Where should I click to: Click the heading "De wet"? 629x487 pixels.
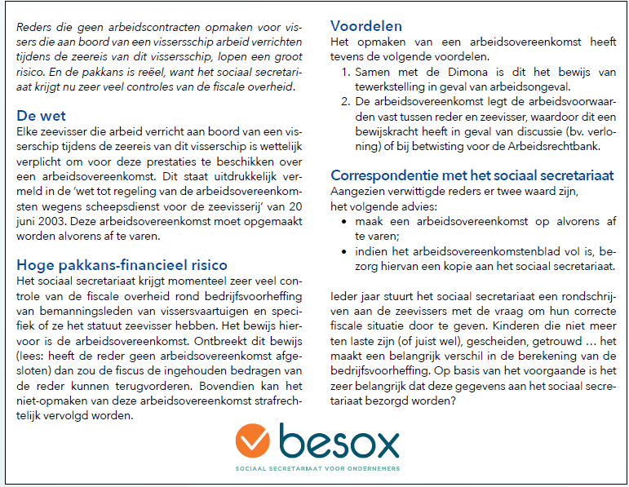tap(42, 116)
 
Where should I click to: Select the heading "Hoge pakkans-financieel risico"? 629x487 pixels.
tap(122, 264)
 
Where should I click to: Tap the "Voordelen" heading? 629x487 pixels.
tap(366, 26)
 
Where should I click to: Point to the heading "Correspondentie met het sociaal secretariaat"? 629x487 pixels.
tap(472, 175)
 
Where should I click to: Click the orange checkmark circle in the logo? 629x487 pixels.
tap(253, 441)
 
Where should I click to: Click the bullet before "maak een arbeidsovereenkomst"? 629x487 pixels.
tap(347, 221)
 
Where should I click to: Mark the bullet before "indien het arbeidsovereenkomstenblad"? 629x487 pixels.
tap(347, 252)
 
